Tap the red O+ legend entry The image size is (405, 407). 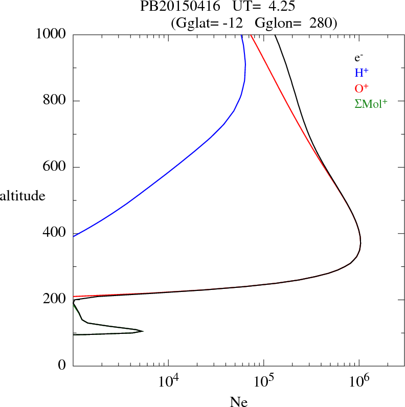coord(362,88)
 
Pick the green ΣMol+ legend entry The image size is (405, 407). coord(371,103)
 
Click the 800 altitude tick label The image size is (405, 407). coord(55,101)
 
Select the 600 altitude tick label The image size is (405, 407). coord(55,167)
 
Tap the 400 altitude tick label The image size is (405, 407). coord(55,233)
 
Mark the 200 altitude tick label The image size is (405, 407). coord(55,300)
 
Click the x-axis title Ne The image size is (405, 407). coord(238,402)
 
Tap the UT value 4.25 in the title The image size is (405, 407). coord(278,7)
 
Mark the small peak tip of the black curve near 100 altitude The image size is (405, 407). coord(143,331)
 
